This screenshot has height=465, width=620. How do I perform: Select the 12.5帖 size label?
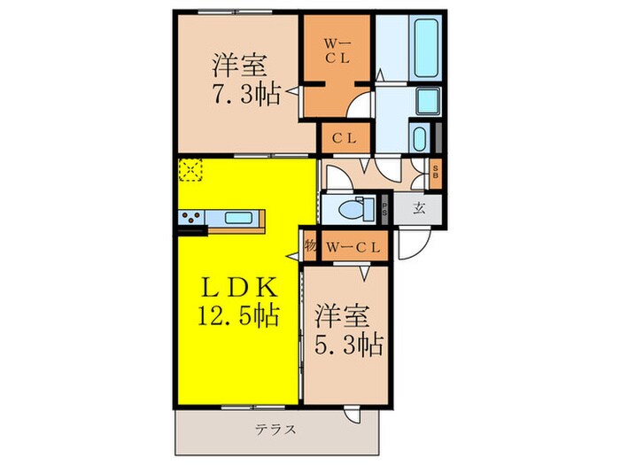[x=236, y=314]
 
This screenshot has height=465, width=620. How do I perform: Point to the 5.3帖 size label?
[x=348, y=344]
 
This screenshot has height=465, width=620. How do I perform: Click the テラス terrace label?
[x=275, y=430]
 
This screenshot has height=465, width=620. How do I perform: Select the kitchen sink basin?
[x=238, y=218]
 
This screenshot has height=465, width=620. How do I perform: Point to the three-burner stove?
[x=191, y=217]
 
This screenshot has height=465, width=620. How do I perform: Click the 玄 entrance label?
[x=419, y=209]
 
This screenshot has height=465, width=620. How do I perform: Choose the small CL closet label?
[x=345, y=137]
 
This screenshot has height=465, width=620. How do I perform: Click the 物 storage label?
[x=310, y=246]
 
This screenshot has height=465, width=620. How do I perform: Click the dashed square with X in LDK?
[x=190, y=170]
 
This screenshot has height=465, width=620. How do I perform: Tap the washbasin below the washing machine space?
[x=420, y=138]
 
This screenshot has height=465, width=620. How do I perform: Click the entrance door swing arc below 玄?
[x=412, y=246]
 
